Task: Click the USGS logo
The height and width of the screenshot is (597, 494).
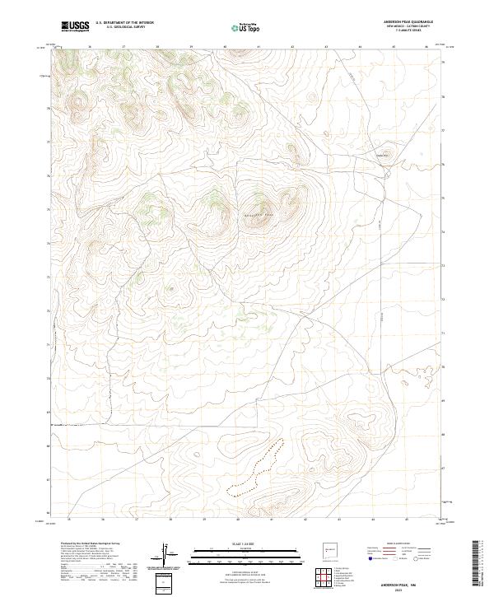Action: (75, 26)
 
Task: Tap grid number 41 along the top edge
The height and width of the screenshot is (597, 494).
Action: (259, 47)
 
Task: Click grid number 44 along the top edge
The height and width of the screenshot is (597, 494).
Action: (360, 47)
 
